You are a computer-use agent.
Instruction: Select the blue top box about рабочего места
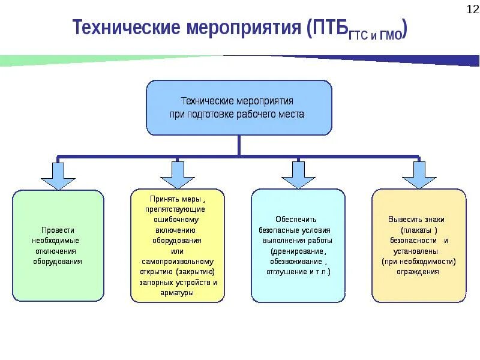[x=239, y=107]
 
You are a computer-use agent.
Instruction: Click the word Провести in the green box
[x=58, y=230]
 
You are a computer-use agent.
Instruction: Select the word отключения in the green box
[x=58, y=251]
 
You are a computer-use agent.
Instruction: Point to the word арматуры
[x=177, y=293]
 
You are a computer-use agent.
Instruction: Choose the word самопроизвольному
[x=178, y=262]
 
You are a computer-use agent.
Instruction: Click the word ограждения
[x=418, y=272]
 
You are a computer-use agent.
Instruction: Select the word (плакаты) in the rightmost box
[x=419, y=230]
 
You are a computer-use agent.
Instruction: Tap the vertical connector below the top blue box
[x=239, y=145]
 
